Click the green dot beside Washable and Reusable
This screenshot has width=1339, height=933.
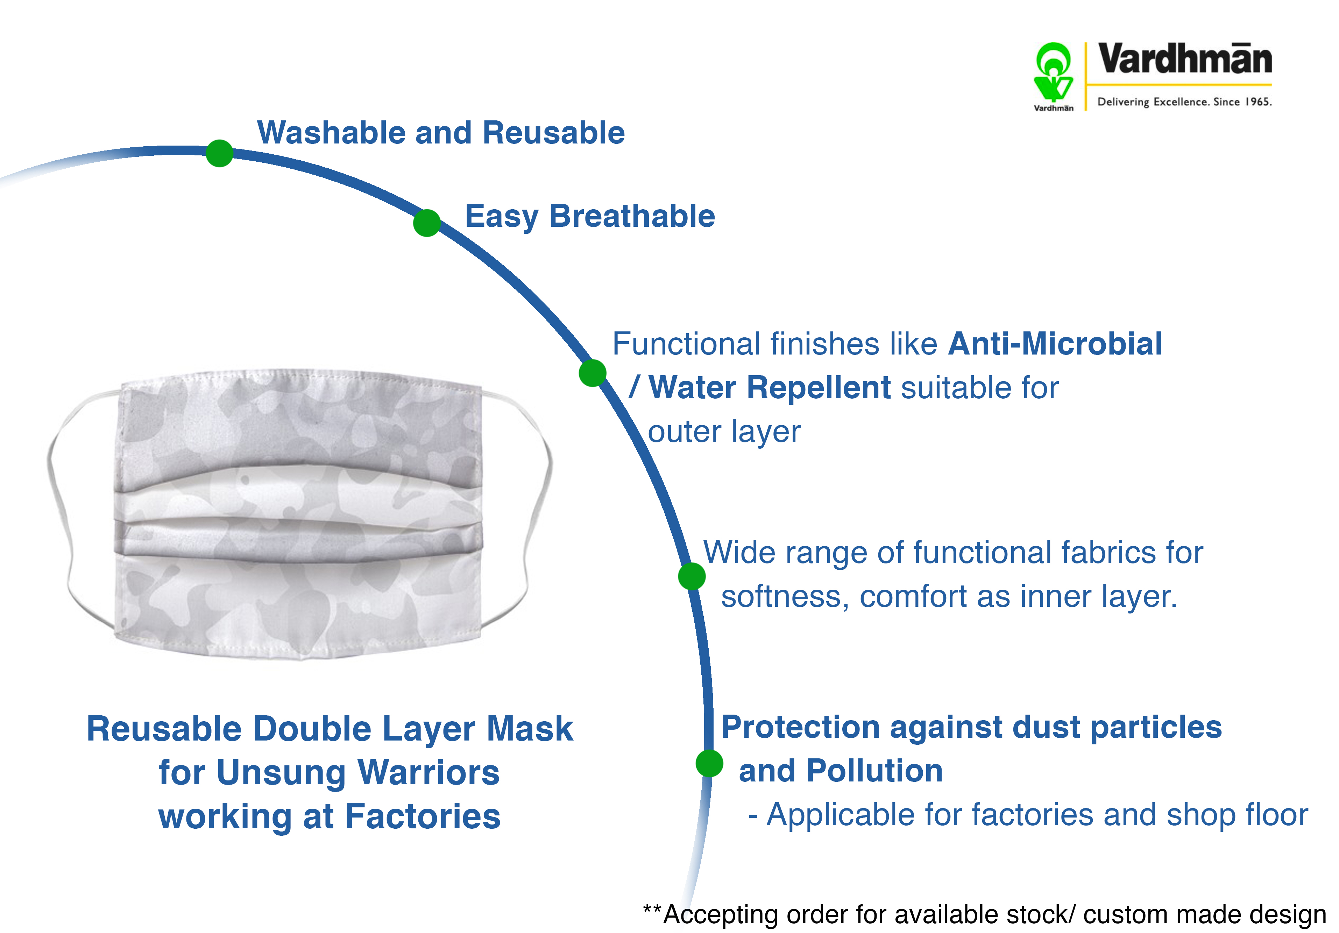[x=219, y=153]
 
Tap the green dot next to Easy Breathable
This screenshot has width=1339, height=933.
[x=427, y=223]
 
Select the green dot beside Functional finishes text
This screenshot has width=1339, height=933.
[x=593, y=373]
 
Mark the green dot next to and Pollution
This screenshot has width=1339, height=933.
[x=709, y=763]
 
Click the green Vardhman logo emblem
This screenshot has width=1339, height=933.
[x=1053, y=72]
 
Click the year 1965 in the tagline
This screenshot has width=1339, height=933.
[x=1257, y=101]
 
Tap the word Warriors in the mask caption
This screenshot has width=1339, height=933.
[x=428, y=772]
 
